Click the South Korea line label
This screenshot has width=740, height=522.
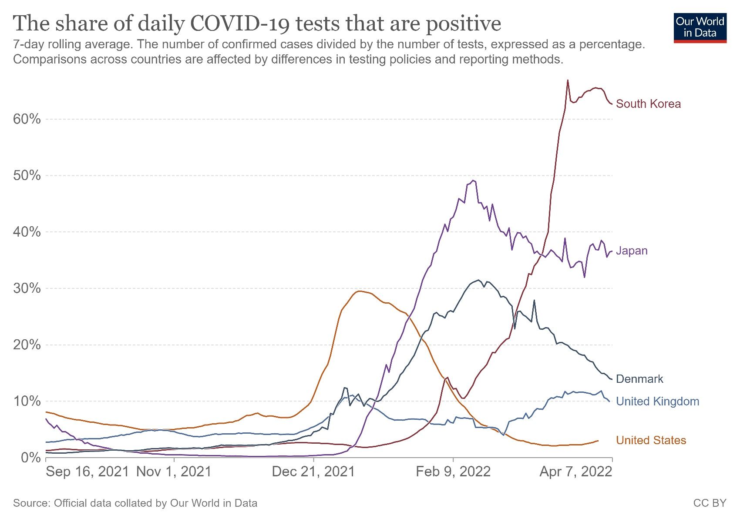click(x=648, y=104)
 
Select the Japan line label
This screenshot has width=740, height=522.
click(x=632, y=251)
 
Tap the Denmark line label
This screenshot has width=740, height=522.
click(x=639, y=379)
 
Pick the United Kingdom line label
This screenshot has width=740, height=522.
click(x=657, y=402)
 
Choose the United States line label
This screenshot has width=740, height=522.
click(x=651, y=441)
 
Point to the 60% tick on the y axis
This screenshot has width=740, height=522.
click(x=27, y=119)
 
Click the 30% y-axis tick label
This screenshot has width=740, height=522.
click(x=27, y=288)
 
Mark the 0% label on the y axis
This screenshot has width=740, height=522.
click(x=30, y=458)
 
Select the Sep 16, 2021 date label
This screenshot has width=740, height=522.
click(x=87, y=472)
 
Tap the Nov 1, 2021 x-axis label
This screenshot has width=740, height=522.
click(x=174, y=472)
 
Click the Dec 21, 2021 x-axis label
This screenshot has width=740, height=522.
click(x=313, y=472)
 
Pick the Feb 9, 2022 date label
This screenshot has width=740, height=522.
click(x=453, y=472)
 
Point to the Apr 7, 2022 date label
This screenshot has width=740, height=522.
click(x=576, y=472)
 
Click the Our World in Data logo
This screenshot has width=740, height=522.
click(x=700, y=28)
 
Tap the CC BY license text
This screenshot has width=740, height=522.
click(x=710, y=503)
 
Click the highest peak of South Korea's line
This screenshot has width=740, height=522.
click(x=568, y=80)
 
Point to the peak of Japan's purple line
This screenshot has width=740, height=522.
click(x=473, y=181)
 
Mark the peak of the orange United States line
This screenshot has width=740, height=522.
click(x=359, y=291)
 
